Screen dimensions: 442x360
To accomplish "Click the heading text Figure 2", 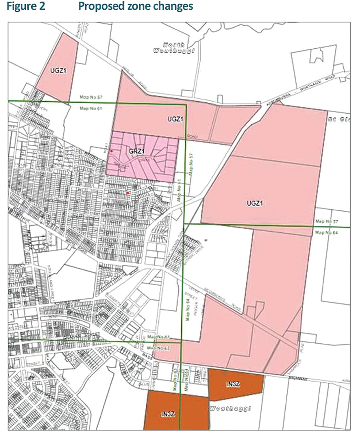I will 26,6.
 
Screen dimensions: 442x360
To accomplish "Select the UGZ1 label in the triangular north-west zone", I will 58,70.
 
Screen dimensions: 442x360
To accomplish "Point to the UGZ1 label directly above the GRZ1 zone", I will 175,119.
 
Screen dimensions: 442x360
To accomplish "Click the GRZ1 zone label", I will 137,151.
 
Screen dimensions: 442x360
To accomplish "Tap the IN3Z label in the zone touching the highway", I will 233,385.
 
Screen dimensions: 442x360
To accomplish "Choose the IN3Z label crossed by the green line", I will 168,414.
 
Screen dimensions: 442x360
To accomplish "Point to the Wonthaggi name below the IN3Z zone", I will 230,408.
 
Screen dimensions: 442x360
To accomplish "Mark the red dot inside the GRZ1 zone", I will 111,151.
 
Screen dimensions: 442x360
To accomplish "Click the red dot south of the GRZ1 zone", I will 128,193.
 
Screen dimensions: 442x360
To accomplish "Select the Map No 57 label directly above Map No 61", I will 91,97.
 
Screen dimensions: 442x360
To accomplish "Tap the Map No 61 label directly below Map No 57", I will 91,109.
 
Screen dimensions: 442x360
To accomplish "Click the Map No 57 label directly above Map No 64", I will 327,221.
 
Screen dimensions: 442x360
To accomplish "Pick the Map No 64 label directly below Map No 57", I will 327,233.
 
